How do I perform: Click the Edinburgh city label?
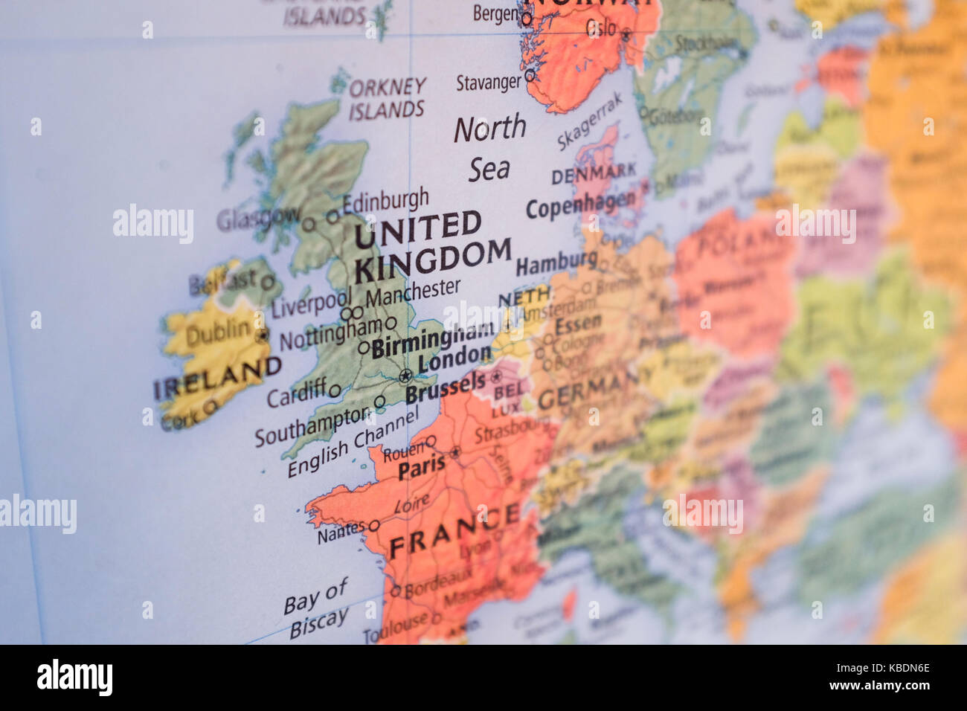coord(385,200)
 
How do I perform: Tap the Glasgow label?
coord(257,218)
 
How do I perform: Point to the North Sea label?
coord(490,148)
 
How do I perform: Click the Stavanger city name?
coord(489,82)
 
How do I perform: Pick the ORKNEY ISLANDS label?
coord(388,99)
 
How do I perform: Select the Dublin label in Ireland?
coord(217,332)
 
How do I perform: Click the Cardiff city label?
coord(296,393)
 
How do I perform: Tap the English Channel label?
coord(353,443)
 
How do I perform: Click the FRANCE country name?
coord(454,531)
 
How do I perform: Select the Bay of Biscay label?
coord(317,608)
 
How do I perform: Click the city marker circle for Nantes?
coord(374,526)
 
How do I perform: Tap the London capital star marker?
coord(405,375)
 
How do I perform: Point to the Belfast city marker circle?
coord(267,282)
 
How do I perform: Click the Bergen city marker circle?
coord(526,19)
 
